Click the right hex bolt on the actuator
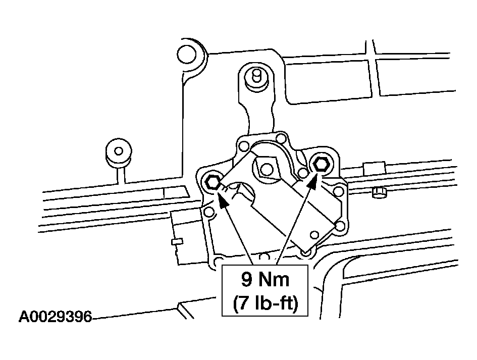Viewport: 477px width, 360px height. tap(321, 165)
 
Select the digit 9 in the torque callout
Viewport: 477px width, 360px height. tap(247, 279)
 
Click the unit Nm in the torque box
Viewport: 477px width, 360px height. tap(274, 279)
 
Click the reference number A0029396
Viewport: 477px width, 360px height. tap(55, 317)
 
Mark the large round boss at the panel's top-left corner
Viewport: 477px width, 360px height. tap(186, 55)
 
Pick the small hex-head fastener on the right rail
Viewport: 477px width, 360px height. tap(379, 193)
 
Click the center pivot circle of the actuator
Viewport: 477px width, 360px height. tap(267, 170)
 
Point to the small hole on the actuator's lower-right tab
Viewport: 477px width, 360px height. tap(315, 235)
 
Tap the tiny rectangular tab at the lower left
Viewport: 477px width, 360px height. tap(177, 242)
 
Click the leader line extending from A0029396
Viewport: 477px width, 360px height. tap(134, 314)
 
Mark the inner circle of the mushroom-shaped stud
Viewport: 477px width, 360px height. tap(119, 150)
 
